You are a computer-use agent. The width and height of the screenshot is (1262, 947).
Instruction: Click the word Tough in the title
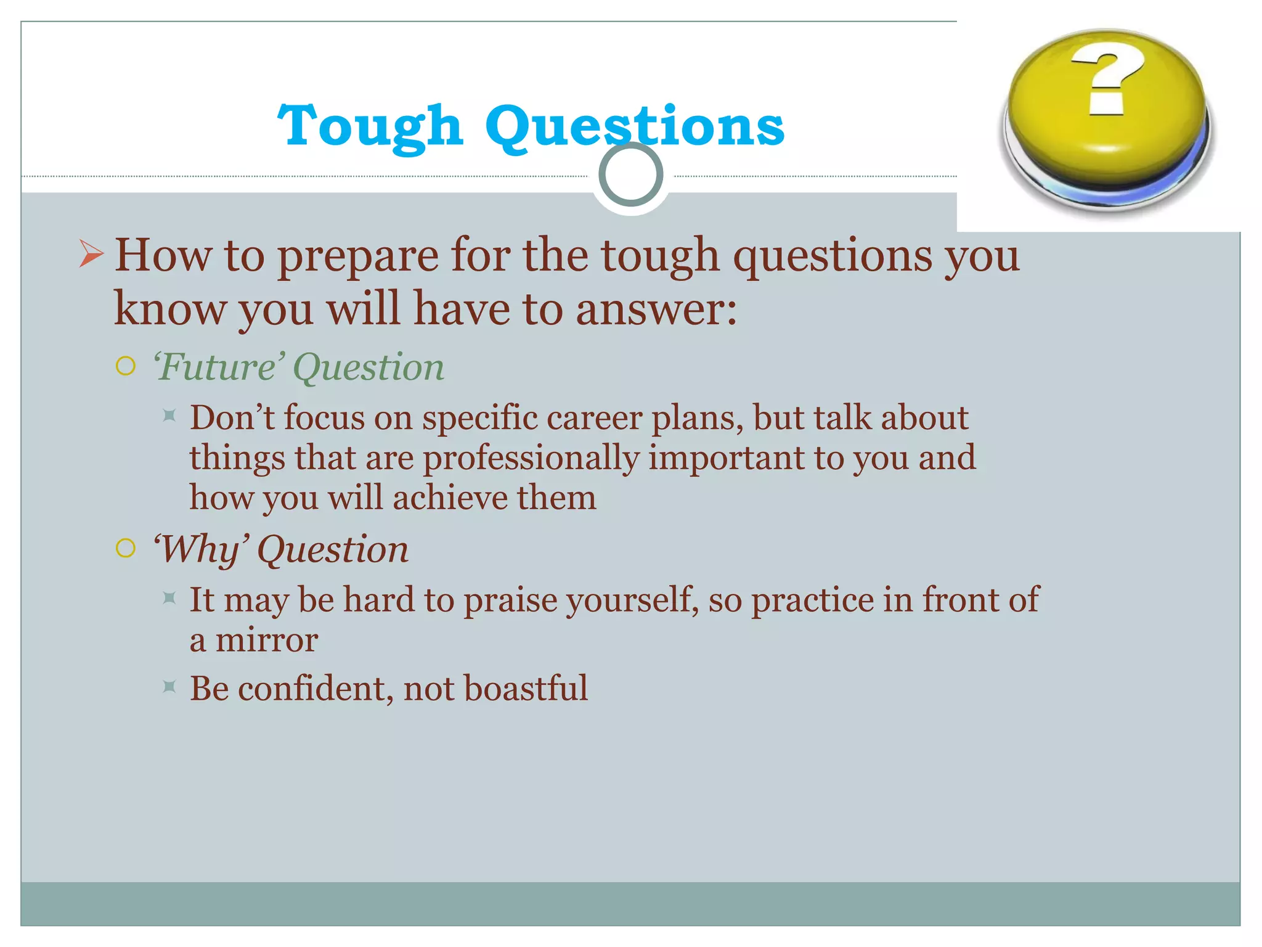tap(370, 126)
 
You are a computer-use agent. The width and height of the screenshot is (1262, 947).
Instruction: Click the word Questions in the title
tap(635, 126)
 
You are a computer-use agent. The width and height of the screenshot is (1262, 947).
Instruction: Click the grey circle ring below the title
tap(630, 174)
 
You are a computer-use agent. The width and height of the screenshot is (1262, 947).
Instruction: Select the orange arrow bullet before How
tap(91, 255)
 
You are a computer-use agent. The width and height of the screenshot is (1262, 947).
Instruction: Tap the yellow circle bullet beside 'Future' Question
tap(126, 366)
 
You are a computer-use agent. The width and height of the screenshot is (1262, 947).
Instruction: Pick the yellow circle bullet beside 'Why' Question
tap(126, 548)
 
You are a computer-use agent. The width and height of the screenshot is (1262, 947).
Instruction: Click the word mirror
tap(266, 640)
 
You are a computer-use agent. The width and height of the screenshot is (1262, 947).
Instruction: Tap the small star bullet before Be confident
tap(169, 686)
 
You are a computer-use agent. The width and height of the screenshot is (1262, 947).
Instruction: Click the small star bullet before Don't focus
tap(169, 416)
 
